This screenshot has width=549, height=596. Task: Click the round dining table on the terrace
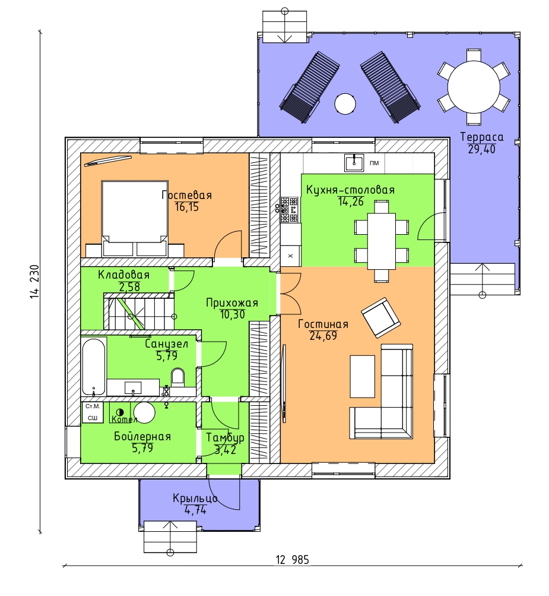[x=474, y=87]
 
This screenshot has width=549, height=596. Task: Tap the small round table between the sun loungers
[x=345, y=104]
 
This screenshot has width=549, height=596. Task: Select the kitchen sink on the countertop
[x=354, y=163]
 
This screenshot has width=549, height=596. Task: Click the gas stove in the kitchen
[x=289, y=209]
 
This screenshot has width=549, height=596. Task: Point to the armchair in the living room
[x=381, y=318]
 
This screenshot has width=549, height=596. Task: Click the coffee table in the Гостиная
[x=363, y=376]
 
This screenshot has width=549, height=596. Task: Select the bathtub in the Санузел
[x=93, y=367]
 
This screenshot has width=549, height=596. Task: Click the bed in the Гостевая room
[x=135, y=218]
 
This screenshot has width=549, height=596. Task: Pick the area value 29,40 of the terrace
[x=481, y=149]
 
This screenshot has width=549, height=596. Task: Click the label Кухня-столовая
[x=350, y=190]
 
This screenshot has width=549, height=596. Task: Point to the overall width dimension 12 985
[x=293, y=560]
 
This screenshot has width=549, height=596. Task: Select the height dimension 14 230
[x=34, y=281]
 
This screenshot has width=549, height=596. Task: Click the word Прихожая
[x=232, y=303]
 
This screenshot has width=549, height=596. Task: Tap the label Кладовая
[x=124, y=275]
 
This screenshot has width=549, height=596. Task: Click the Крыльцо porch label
[x=195, y=498]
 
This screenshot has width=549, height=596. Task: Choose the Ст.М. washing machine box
[x=93, y=406]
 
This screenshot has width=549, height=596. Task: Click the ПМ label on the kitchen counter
[x=375, y=163]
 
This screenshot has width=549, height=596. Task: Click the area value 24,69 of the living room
[x=323, y=336]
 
